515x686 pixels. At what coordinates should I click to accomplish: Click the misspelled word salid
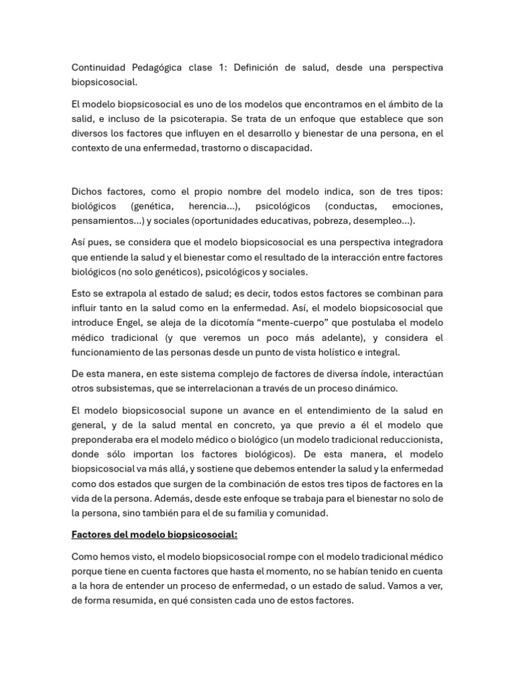[x=82, y=119]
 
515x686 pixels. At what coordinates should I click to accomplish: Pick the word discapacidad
[x=282, y=148]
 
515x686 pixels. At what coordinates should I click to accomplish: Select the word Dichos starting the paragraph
[x=87, y=192]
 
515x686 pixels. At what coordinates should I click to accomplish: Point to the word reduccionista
[x=411, y=439]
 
